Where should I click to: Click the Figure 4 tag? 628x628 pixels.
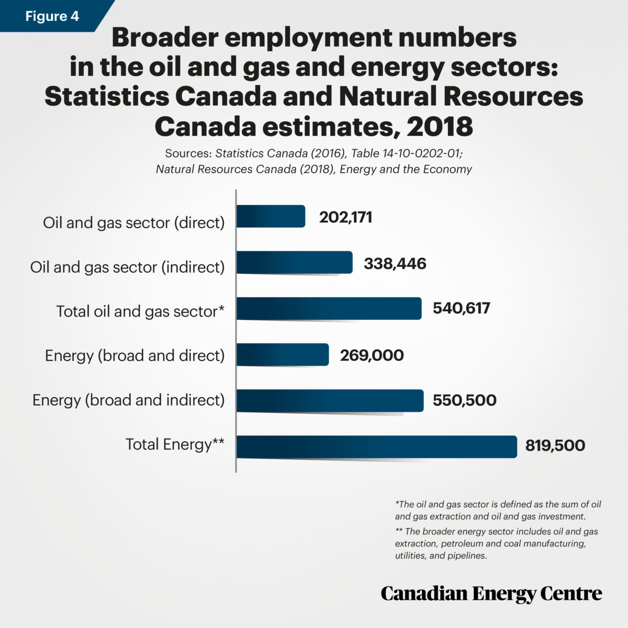[52, 16]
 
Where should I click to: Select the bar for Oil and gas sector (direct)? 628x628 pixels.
[271, 216]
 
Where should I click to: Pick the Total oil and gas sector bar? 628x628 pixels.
[329, 308]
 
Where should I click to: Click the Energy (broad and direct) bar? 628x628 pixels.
[283, 355]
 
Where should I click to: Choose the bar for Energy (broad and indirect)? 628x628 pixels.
[330, 401]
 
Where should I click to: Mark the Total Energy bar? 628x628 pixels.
[376, 446]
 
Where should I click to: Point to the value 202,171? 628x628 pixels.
[345, 217]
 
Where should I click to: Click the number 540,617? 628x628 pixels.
[461, 308]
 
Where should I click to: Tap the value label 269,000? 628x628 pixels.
[372, 355]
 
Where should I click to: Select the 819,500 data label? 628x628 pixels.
[555, 446]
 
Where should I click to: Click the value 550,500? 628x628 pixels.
[464, 400]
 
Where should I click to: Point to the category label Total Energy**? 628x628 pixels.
[175, 444]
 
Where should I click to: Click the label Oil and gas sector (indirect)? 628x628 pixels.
[127, 267]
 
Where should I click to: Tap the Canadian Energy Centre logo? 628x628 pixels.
[491, 593]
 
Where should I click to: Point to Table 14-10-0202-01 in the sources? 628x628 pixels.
[406, 153]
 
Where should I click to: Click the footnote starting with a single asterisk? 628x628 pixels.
[498, 510]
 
